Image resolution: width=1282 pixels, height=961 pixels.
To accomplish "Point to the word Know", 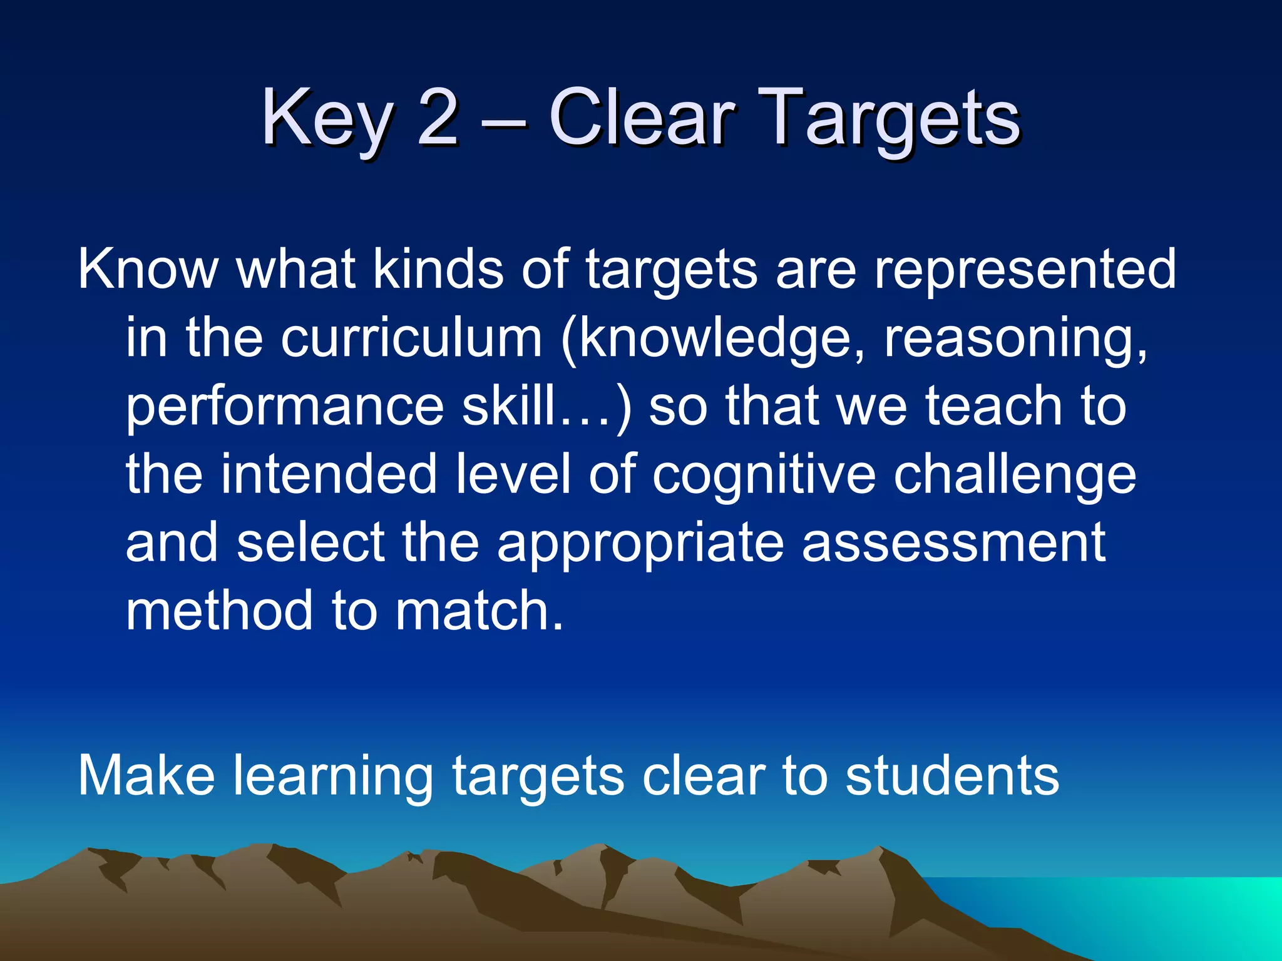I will (148, 269).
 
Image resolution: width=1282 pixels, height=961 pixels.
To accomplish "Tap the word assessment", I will (954, 543).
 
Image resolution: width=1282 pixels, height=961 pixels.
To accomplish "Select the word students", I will (951, 776).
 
